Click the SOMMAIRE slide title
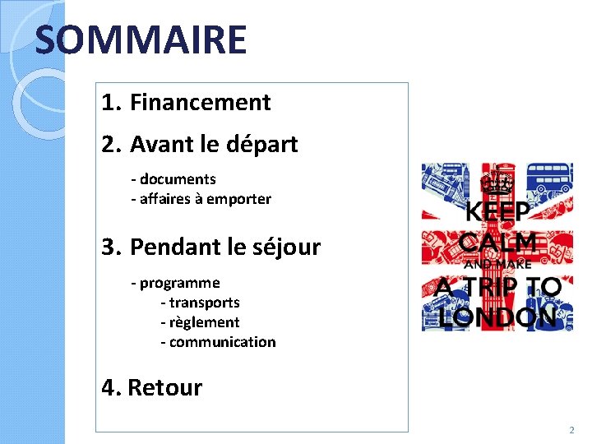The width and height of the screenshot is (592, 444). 141,39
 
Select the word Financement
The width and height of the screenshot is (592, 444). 200,103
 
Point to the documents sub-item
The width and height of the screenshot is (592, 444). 176,179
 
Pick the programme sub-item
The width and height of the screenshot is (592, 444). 178,284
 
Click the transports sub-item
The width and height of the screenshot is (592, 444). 204,303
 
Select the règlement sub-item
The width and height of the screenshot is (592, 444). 204,322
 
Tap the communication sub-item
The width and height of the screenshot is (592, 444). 222,342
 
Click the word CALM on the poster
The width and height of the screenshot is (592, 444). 497,243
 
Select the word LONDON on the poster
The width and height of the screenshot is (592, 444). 497,317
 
